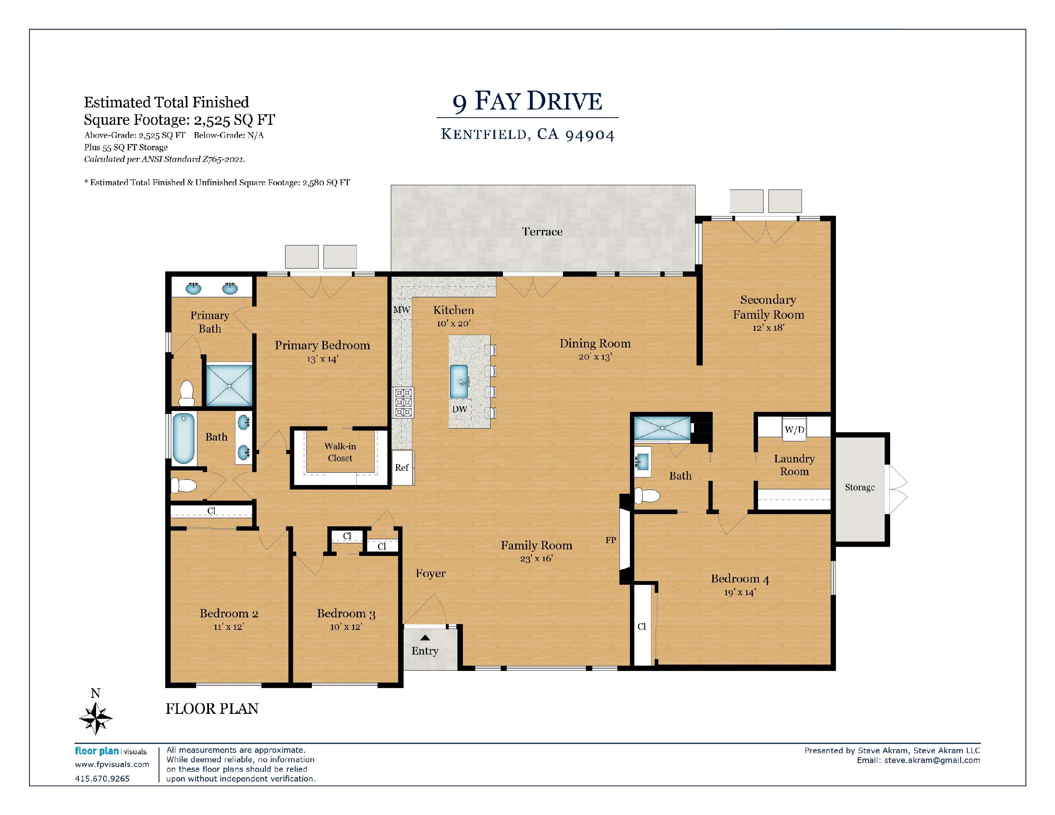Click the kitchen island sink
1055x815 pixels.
click(459, 381)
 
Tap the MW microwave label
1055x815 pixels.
click(401, 310)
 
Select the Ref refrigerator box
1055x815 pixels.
click(402, 468)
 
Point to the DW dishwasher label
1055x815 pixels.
click(459, 409)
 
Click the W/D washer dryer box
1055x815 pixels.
click(794, 429)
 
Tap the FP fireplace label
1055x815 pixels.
click(611, 540)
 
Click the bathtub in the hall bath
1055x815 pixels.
click(183, 438)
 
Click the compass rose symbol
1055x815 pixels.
click(96, 718)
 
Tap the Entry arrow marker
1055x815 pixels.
click(425, 638)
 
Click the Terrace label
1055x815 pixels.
click(542, 232)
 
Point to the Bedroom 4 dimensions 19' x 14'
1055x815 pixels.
click(739, 592)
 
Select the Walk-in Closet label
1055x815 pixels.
click(340, 452)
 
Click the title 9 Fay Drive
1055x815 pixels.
click(528, 102)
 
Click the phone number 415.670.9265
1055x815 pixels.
click(102, 778)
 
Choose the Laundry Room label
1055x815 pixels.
click(794, 465)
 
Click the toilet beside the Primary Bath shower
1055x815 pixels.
click(186, 393)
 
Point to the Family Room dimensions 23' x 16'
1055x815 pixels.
click(536, 558)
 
